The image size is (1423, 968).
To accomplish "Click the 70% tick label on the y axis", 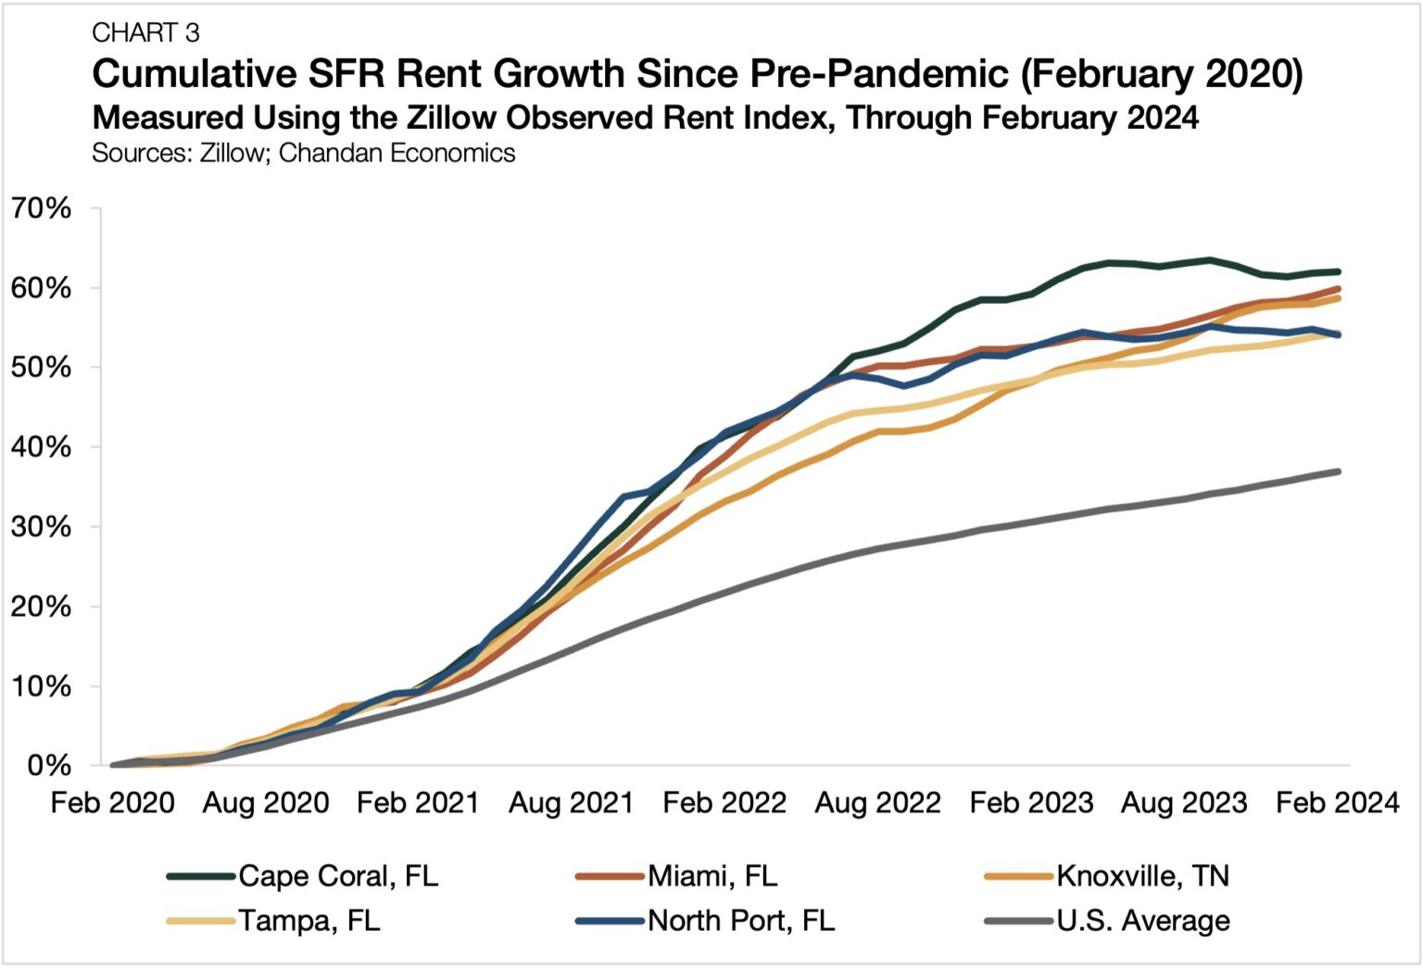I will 42,208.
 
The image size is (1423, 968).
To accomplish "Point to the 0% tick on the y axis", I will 49,766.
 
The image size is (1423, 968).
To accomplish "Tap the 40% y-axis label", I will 42,447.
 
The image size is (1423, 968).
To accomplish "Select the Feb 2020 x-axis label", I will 112,803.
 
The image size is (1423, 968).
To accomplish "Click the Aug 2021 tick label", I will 571,803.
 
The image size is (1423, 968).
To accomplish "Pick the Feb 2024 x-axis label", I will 1337,803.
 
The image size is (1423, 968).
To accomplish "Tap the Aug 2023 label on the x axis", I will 1184,803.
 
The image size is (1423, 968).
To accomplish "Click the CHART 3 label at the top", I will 145,33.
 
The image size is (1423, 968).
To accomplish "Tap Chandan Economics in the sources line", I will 397,153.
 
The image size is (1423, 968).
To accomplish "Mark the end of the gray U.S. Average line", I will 1338,471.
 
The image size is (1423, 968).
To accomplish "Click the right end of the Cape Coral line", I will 1338,271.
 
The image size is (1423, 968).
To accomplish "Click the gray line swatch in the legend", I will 1019,921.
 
